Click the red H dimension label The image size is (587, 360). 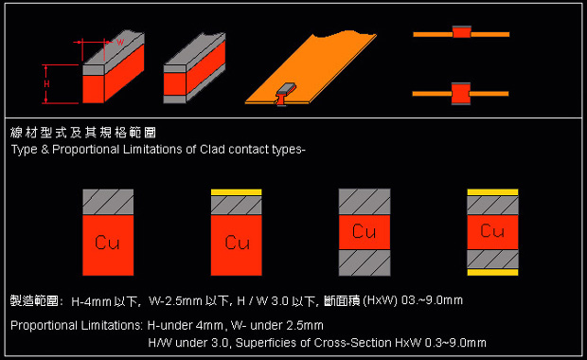click(46, 84)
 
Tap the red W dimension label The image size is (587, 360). click(120, 42)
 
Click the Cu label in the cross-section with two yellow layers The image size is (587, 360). click(492, 231)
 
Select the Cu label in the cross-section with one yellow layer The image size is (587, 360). click(237, 243)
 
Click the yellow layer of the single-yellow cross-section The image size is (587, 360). click(237, 192)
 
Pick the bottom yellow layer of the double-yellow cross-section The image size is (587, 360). click(492, 272)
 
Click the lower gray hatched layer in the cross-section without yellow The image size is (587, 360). click(365, 262)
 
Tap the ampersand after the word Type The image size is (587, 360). click(44, 150)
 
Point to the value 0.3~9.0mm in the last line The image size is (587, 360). click(455, 343)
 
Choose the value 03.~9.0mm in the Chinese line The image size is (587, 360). click(432, 300)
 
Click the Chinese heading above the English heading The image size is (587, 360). click(83, 133)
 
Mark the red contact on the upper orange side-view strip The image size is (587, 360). click(462, 32)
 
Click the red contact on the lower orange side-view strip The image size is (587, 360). click(461, 94)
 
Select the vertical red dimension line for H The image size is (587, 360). click(45, 84)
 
